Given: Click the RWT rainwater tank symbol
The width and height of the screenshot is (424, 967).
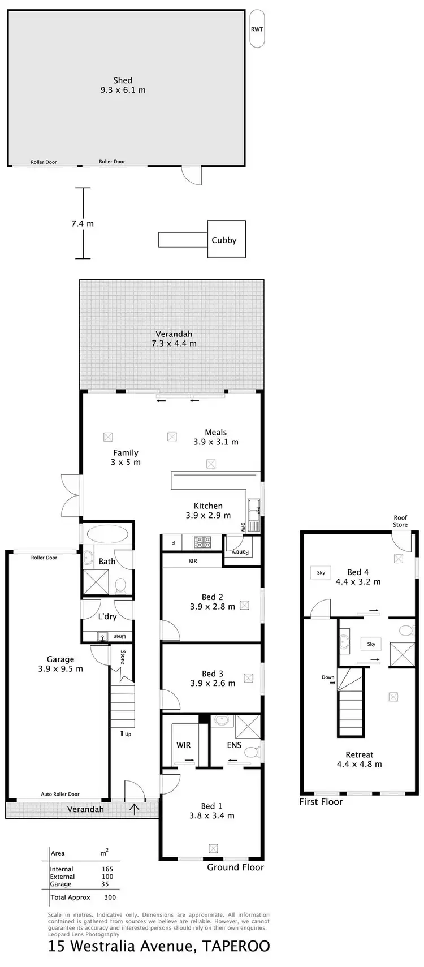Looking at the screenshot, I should tap(257, 29).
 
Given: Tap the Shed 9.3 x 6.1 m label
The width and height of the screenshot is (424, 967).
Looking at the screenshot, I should tap(123, 85).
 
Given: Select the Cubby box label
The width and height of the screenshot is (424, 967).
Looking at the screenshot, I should tap(224, 240).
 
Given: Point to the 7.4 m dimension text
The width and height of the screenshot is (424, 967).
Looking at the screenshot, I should tap(83, 223).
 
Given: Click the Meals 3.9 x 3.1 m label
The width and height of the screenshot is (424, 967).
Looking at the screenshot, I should tap(216, 437).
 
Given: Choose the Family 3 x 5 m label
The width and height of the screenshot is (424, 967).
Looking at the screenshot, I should tap(126, 457).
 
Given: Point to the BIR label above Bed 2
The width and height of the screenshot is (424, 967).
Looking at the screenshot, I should tap(193, 561).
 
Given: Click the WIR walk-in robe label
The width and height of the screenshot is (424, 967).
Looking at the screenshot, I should tap(183, 745).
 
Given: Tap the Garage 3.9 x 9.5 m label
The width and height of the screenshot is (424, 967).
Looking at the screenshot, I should tap(60, 664).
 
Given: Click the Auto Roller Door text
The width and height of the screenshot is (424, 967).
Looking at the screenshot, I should tap(60, 794).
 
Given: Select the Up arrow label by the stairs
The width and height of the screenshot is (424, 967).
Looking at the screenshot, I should tap(126, 734).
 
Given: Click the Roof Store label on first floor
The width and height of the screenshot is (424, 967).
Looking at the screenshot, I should tap(400, 521).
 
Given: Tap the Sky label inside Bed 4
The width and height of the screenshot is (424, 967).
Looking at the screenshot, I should tap(321, 572).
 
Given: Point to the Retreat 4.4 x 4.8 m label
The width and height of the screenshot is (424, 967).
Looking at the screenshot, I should tap(359, 759).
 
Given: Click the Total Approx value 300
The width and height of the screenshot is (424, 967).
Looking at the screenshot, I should tap(110, 897).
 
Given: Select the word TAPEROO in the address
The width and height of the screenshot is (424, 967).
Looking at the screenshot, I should tap(233, 947).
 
